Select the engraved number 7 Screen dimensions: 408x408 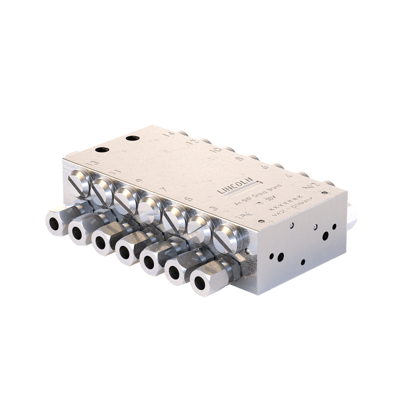(x=163, y=190)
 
